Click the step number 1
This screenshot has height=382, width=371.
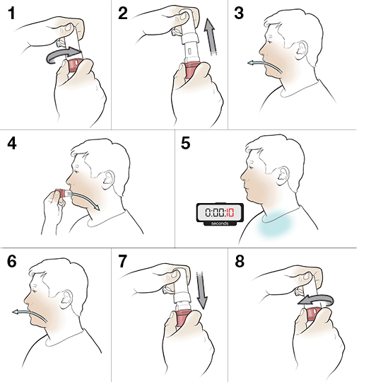pos(11,13)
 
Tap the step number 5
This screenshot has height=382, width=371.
pos(185,143)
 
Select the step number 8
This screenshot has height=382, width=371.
pos(240,261)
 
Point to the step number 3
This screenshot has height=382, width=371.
pos(239,13)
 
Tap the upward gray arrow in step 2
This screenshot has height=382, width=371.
pos(210,37)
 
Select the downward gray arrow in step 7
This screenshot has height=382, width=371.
pos(201,291)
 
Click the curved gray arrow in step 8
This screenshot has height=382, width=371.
pos(316,301)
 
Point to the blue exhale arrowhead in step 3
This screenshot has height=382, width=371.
pos(251,63)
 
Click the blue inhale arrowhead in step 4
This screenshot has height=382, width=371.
pos(97,207)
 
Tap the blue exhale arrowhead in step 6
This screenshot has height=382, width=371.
pos(16,312)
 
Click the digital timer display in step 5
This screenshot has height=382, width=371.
pos(220,213)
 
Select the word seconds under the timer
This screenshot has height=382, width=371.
pos(220,224)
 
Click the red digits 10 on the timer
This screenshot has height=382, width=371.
pos(230,213)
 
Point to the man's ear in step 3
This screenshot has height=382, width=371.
pos(301,50)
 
